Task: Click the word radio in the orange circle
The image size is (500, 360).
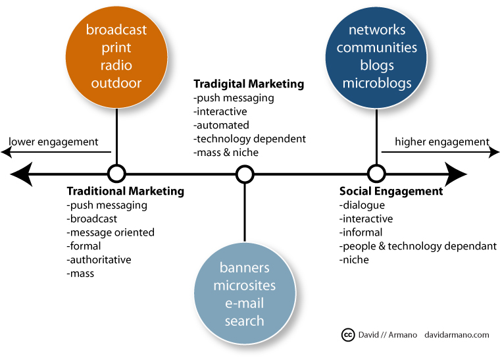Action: click(x=116, y=66)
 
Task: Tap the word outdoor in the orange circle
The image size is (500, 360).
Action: click(x=116, y=84)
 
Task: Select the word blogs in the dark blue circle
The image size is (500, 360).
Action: click(x=377, y=66)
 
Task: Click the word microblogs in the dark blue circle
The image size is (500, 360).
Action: click(x=377, y=84)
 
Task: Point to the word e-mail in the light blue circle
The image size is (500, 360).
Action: click(x=244, y=303)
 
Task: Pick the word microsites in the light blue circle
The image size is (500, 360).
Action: click(x=244, y=286)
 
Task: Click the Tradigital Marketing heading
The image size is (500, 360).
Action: click(x=249, y=84)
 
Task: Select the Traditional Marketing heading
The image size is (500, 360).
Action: click(x=126, y=192)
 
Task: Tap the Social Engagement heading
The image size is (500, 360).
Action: click(x=391, y=192)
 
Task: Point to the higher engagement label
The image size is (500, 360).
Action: click(x=441, y=141)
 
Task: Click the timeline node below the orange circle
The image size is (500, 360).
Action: click(x=116, y=174)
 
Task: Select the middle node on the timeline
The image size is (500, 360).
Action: click(x=245, y=174)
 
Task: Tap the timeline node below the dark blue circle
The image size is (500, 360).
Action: click(x=376, y=174)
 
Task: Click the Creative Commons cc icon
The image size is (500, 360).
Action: click(x=349, y=335)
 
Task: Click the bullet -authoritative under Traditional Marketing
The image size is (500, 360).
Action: click(x=99, y=260)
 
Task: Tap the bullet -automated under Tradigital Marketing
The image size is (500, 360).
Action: click(x=221, y=125)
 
